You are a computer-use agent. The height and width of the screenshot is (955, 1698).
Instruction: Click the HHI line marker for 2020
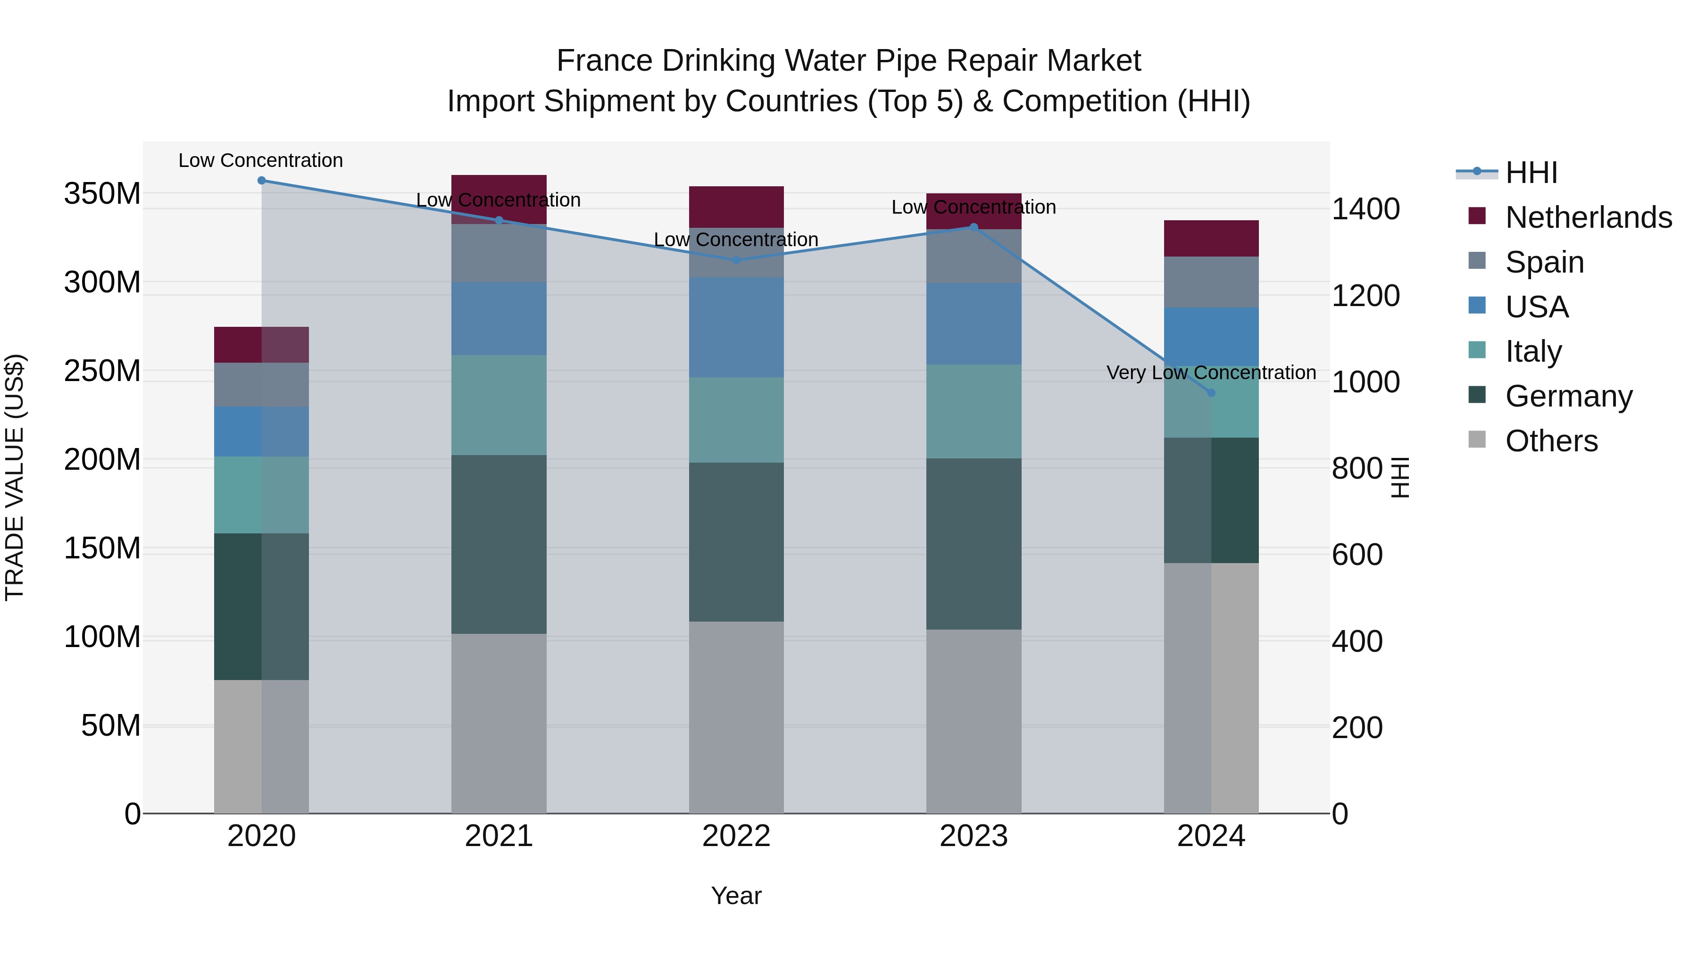pos(262,180)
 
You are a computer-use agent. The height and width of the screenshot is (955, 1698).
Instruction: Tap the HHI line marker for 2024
pos(1211,393)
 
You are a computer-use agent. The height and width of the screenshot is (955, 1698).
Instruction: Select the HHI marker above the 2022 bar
pos(736,260)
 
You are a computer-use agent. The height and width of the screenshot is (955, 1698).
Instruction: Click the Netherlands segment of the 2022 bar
pos(736,207)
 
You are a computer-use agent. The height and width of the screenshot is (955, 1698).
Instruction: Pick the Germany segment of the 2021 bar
pos(499,544)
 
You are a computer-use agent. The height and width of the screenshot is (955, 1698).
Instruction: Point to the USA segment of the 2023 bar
pos(974,324)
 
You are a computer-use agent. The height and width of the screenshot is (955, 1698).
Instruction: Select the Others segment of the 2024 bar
pos(1211,688)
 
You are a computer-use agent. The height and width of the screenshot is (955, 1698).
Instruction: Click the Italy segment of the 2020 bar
pos(262,495)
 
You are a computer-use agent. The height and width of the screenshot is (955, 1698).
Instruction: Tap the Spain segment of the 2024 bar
pos(1211,282)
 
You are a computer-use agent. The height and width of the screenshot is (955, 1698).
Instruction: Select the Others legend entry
pos(1551,441)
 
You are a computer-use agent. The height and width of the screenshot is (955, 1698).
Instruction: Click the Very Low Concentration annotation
pos(1211,373)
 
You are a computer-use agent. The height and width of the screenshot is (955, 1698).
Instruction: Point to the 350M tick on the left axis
pos(102,194)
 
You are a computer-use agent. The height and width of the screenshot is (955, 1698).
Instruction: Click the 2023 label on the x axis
pos(974,836)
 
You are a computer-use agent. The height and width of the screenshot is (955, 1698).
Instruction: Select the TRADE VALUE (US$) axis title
pos(15,477)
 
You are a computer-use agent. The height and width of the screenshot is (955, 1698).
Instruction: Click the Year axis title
pos(736,896)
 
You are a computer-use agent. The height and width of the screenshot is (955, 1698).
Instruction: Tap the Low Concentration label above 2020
pos(260,160)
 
